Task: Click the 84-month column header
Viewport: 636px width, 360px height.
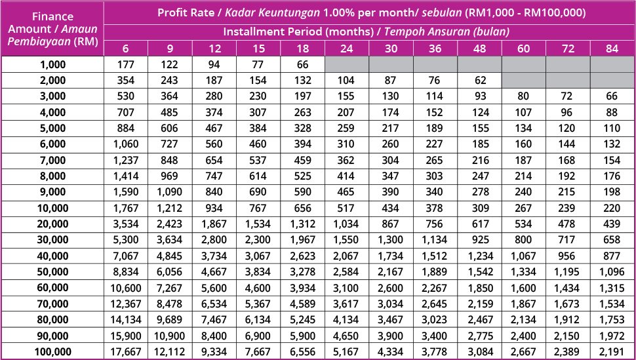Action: click(x=613, y=49)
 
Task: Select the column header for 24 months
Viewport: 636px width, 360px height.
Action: click(x=346, y=49)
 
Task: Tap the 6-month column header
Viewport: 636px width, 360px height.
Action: click(x=125, y=49)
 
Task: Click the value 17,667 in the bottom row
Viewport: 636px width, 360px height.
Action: click(x=125, y=352)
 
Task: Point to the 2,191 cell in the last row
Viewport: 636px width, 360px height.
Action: click(x=613, y=352)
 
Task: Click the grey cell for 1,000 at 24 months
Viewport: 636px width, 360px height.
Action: click(x=346, y=64)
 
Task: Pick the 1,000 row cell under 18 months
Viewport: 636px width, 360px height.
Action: click(x=302, y=64)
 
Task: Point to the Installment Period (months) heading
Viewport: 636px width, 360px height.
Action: click(x=301, y=31)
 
